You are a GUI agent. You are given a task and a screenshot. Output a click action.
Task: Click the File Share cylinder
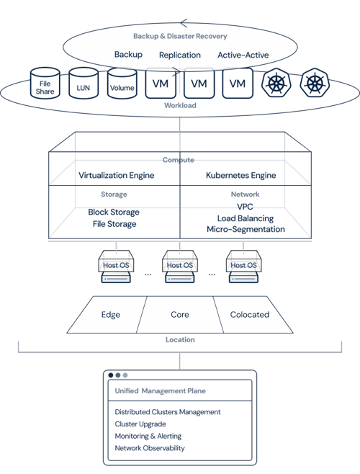tap(45, 83)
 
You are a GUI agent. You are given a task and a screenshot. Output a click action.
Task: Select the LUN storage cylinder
tap(84, 83)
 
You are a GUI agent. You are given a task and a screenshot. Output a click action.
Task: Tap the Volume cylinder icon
tap(122, 83)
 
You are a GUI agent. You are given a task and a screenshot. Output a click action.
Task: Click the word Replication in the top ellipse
tap(180, 55)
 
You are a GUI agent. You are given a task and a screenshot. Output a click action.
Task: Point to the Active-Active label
tap(243, 55)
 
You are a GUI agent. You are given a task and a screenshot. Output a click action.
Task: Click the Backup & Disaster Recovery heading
tap(180, 36)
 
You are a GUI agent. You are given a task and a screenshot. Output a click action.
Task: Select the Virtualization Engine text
tap(117, 175)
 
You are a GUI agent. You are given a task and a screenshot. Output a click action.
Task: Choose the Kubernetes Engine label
tap(241, 175)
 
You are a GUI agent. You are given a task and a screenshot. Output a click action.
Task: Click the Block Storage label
tap(114, 212)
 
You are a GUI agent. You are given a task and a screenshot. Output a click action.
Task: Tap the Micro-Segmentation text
tap(246, 229)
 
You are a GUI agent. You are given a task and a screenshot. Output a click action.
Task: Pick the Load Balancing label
tap(246, 218)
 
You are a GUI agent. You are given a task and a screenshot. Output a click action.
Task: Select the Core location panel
tap(180, 315)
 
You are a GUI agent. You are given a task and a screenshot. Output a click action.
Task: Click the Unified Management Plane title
tap(161, 391)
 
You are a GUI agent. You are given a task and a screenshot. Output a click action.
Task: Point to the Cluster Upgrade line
tap(140, 424)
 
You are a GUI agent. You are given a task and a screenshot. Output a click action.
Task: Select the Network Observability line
tap(150, 448)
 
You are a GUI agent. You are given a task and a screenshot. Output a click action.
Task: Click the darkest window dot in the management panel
tap(111, 375)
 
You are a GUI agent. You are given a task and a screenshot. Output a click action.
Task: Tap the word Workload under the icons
tap(180, 105)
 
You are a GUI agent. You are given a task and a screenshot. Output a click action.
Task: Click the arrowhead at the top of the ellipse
tap(184, 23)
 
